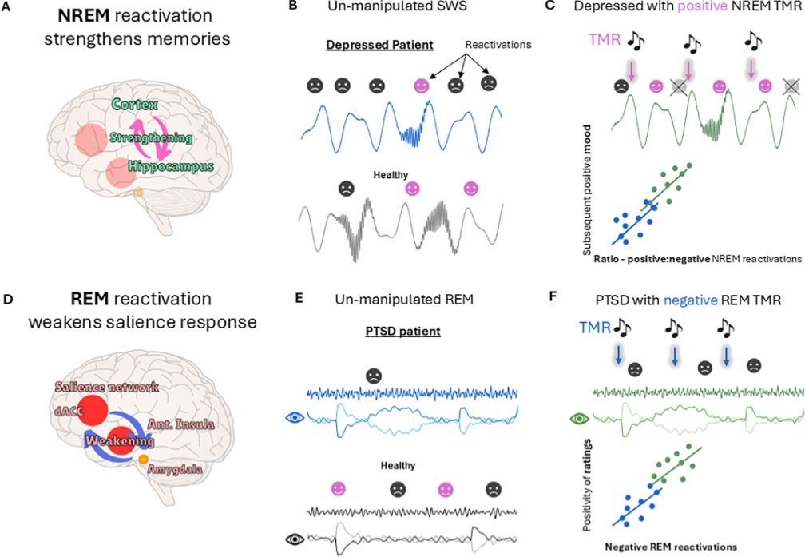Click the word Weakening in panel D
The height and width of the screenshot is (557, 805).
[x=121, y=441]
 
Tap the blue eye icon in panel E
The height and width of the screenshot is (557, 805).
[x=295, y=416]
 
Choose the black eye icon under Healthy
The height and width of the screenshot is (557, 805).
[x=295, y=539]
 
